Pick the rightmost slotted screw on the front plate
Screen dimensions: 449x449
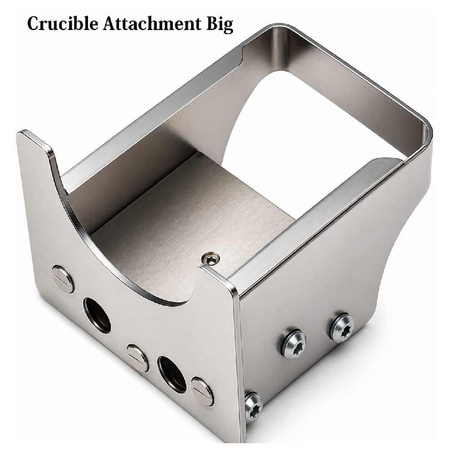click(202, 389)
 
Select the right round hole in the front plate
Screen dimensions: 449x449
click(172, 374)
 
